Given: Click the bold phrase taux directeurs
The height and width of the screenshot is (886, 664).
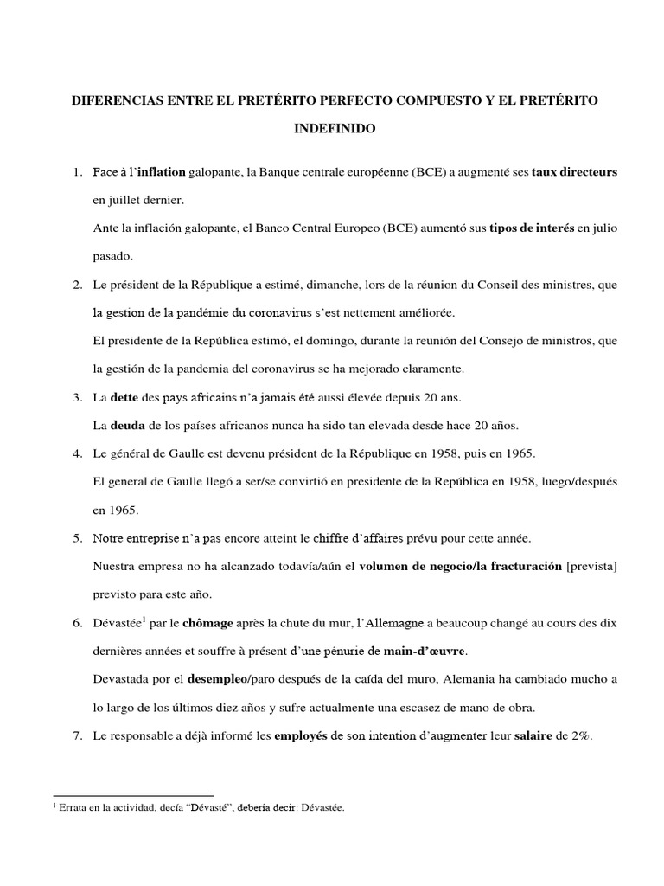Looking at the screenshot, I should tap(574, 172).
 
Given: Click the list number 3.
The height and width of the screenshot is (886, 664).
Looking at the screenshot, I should tap(77, 397).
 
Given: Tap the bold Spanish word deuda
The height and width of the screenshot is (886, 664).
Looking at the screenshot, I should tap(126, 425).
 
